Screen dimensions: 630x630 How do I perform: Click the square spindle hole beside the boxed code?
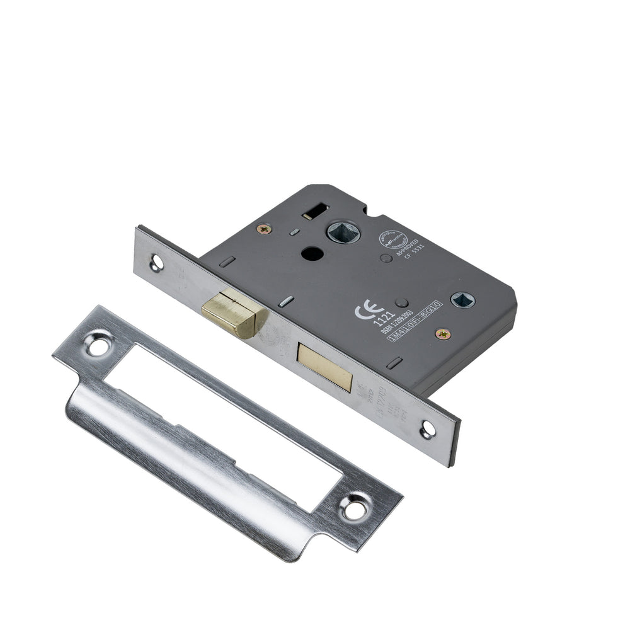point(464,300)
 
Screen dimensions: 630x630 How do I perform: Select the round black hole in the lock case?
point(311,253)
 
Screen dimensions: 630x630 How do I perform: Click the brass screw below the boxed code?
point(444,334)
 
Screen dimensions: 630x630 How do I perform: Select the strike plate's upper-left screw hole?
point(98,345)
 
